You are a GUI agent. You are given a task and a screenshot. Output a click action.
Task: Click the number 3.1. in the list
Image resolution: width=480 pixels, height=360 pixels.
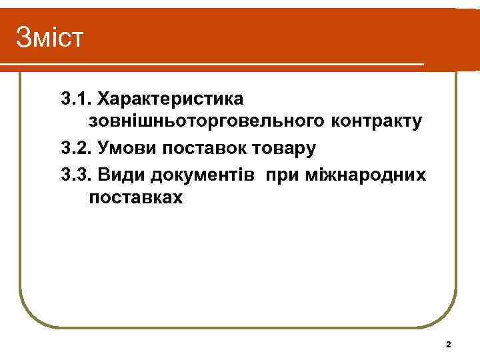coord(76,99)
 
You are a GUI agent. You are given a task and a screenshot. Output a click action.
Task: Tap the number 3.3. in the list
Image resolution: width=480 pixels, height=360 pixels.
coord(76,174)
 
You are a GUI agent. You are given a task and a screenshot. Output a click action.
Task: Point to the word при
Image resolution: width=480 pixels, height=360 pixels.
coord(281,174)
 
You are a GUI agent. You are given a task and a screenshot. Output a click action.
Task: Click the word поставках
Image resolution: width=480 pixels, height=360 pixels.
coord(134,198)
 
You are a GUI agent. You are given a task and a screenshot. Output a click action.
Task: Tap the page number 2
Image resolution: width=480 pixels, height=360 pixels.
coord(448,345)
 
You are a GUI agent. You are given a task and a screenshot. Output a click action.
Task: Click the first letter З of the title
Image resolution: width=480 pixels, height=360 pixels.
coord(23,37)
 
